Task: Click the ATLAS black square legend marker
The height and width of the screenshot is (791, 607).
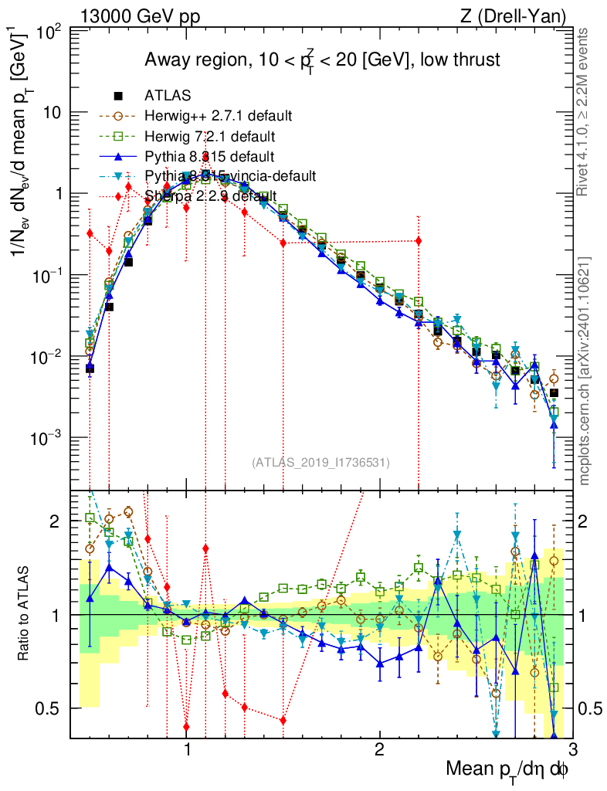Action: tap(118, 96)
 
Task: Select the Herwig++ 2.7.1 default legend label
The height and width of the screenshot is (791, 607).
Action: tap(218, 116)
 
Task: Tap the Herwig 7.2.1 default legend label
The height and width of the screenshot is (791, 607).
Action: tap(210, 136)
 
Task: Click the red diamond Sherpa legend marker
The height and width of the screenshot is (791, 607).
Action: tap(118, 196)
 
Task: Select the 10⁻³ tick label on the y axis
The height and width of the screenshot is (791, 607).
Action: tap(47, 438)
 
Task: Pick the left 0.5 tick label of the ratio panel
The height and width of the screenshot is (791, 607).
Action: tap(49, 708)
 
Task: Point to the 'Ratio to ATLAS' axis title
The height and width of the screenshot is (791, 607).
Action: tap(24, 614)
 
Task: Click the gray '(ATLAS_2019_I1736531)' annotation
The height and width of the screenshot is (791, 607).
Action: tap(320, 462)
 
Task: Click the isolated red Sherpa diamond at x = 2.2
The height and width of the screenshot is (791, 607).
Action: tap(419, 241)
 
